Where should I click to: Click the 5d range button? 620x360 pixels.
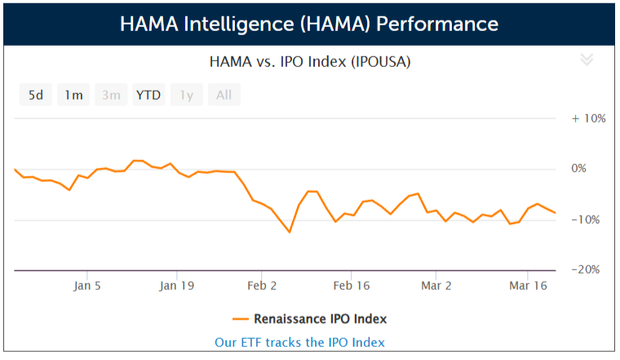pyautogui.click(x=36, y=95)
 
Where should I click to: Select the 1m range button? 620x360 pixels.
pyautogui.click(x=73, y=95)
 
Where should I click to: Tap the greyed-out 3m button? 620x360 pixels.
pyautogui.click(x=111, y=95)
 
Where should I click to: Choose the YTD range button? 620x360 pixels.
pyautogui.click(x=148, y=95)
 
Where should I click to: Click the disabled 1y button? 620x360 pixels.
pyautogui.click(x=187, y=95)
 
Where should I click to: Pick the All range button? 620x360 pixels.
pyautogui.click(x=224, y=95)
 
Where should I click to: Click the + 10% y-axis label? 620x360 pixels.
pyautogui.click(x=588, y=118)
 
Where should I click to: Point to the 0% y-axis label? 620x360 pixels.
pyautogui.click(x=593, y=169)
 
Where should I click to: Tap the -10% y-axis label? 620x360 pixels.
pyautogui.click(x=590, y=220)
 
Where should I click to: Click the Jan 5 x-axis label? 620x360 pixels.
pyautogui.click(x=87, y=286)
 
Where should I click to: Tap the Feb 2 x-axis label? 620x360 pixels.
pyautogui.click(x=262, y=286)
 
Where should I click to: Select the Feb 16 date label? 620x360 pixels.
pyautogui.click(x=352, y=286)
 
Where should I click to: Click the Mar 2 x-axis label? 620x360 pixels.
pyautogui.click(x=436, y=286)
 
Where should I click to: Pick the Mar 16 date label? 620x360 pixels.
pyautogui.click(x=527, y=286)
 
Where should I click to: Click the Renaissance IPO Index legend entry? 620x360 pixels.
pyautogui.click(x=310, y=318)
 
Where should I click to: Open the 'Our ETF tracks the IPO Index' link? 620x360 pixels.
pyautogui.click(x=299, y=342)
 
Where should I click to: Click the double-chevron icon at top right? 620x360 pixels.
pyautogui.click(x=586, y=59)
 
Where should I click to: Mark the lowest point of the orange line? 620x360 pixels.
pyautogui.click(x=290, y=232)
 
